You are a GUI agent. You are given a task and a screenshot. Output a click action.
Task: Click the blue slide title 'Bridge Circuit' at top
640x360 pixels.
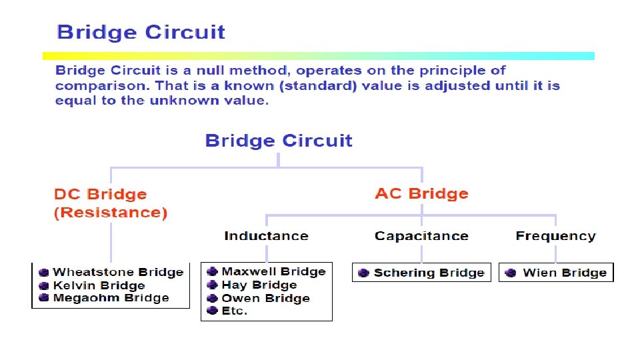141,33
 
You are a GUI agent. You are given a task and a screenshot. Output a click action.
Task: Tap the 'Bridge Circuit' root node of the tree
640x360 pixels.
279,141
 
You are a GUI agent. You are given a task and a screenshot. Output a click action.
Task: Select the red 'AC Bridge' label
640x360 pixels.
421,194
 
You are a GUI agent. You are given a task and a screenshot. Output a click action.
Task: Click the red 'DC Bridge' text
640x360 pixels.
100,195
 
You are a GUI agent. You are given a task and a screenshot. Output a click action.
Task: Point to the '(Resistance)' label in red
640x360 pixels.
111,213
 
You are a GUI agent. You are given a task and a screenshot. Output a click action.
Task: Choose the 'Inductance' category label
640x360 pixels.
266,236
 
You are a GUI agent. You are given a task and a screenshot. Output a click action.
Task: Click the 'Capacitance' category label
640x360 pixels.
421,236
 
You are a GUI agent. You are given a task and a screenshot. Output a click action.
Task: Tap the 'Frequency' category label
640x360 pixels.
555,236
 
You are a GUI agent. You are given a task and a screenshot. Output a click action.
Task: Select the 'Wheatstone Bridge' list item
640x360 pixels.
118,272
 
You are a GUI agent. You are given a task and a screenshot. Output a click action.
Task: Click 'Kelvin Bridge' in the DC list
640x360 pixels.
99,285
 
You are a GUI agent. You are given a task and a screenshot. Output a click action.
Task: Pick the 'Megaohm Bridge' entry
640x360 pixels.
111,298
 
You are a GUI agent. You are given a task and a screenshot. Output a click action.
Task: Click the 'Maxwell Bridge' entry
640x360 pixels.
273,271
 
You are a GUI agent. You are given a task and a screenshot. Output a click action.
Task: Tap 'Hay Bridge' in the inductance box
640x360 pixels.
259,285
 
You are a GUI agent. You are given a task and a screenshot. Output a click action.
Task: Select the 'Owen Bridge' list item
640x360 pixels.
265,298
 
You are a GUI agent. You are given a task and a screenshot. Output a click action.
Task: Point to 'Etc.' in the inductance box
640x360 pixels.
235,311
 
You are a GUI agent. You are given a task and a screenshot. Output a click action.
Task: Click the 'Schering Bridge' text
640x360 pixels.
429,273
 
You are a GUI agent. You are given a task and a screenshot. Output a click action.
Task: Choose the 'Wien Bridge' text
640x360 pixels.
565,273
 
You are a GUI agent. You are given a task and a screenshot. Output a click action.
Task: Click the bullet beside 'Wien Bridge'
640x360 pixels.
511,273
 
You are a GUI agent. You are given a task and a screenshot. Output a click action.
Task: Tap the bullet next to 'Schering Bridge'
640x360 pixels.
363,273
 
